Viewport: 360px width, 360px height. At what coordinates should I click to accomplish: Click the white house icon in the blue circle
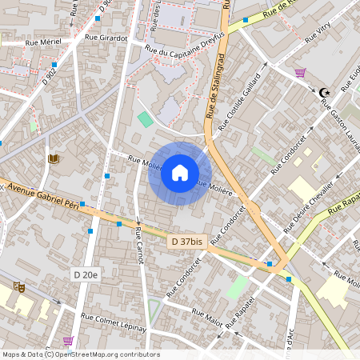click(x=180, y=173)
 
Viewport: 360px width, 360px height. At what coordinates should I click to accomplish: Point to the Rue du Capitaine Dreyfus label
click(x=185, y=49)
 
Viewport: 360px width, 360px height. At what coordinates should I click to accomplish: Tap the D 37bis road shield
click(x=185, y=242)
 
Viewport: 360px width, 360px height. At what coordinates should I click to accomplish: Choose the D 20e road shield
click(x=86, y=275)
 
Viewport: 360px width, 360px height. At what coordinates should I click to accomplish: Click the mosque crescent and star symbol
click(x=324, y=93)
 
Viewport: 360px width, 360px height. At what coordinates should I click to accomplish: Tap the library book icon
click(x=54, y=159)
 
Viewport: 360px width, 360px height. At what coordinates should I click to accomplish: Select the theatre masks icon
click(x=18, y=286)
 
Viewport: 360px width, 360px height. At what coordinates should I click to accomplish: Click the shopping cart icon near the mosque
click(x=301, y=73)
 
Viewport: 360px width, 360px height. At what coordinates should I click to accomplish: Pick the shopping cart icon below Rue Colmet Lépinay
click(x=68, y=341)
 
